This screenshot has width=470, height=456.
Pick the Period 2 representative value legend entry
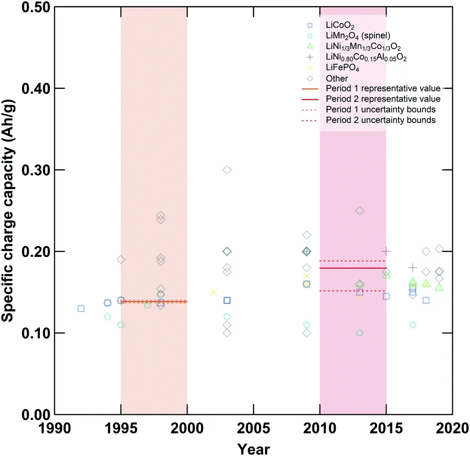tap(383, 99)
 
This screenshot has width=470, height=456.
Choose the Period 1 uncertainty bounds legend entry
tap(380, 109)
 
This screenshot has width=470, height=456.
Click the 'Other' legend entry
tap(337, 78)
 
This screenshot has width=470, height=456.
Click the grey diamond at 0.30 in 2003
tap(227, 170)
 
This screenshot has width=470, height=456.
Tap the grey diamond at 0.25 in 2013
tap(360, 211)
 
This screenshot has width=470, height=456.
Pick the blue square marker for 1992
tap(81, 308)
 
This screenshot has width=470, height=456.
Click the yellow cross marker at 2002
tap(214, 292)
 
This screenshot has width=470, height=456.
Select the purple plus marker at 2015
tap(386, 251)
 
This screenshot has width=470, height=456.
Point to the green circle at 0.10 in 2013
tap(360, 333)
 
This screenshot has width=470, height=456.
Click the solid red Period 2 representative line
tap(353, 268)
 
